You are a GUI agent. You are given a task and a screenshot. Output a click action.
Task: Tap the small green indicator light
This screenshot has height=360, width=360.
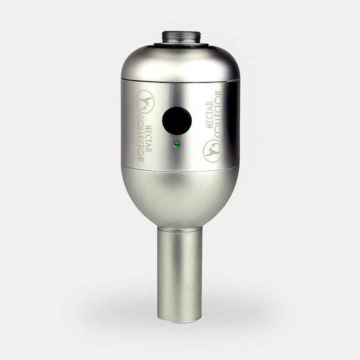coord(176,145)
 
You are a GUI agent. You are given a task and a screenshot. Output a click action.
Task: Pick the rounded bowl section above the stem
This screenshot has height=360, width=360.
coord(180,196)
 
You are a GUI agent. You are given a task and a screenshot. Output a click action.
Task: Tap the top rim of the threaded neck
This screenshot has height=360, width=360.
coord(180,30)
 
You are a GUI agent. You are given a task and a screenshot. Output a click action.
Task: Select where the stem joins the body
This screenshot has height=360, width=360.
coord(179,227)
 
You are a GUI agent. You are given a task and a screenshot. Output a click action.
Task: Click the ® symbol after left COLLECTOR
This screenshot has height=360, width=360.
coord(140,162)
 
